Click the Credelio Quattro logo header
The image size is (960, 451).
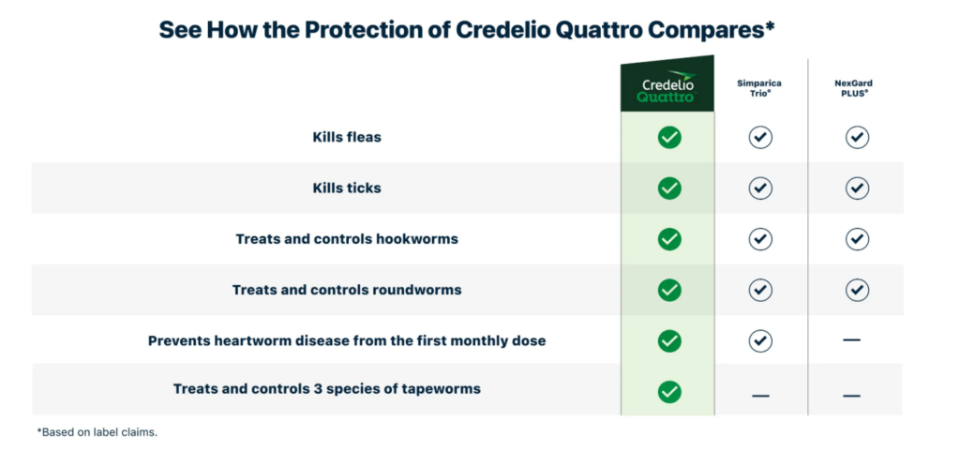[667, 87]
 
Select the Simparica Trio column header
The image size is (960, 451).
[759, 88]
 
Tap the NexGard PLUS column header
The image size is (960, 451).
[853, 88]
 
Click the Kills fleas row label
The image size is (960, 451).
[347, 137]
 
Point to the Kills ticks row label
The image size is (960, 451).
[347, 188]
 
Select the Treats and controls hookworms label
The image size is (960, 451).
[347, 239]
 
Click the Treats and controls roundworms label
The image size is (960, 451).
[347, 290]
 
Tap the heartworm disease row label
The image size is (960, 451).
[347, 340]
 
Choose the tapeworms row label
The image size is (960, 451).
[327, 388]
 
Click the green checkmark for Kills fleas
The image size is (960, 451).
[669, 137]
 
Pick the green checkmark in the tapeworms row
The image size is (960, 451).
[669, 391]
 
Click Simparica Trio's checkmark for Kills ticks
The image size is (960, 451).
[759, 188]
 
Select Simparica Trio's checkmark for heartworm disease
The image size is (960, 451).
[759, 340]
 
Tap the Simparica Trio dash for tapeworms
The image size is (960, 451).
[760, 396]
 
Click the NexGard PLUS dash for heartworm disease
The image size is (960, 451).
[851, 339]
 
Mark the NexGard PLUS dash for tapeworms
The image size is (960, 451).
[851, 396]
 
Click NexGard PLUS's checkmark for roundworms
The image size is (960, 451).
[857, 290]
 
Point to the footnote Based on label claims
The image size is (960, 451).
[97, 432]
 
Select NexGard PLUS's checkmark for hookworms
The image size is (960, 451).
[857, 239]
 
